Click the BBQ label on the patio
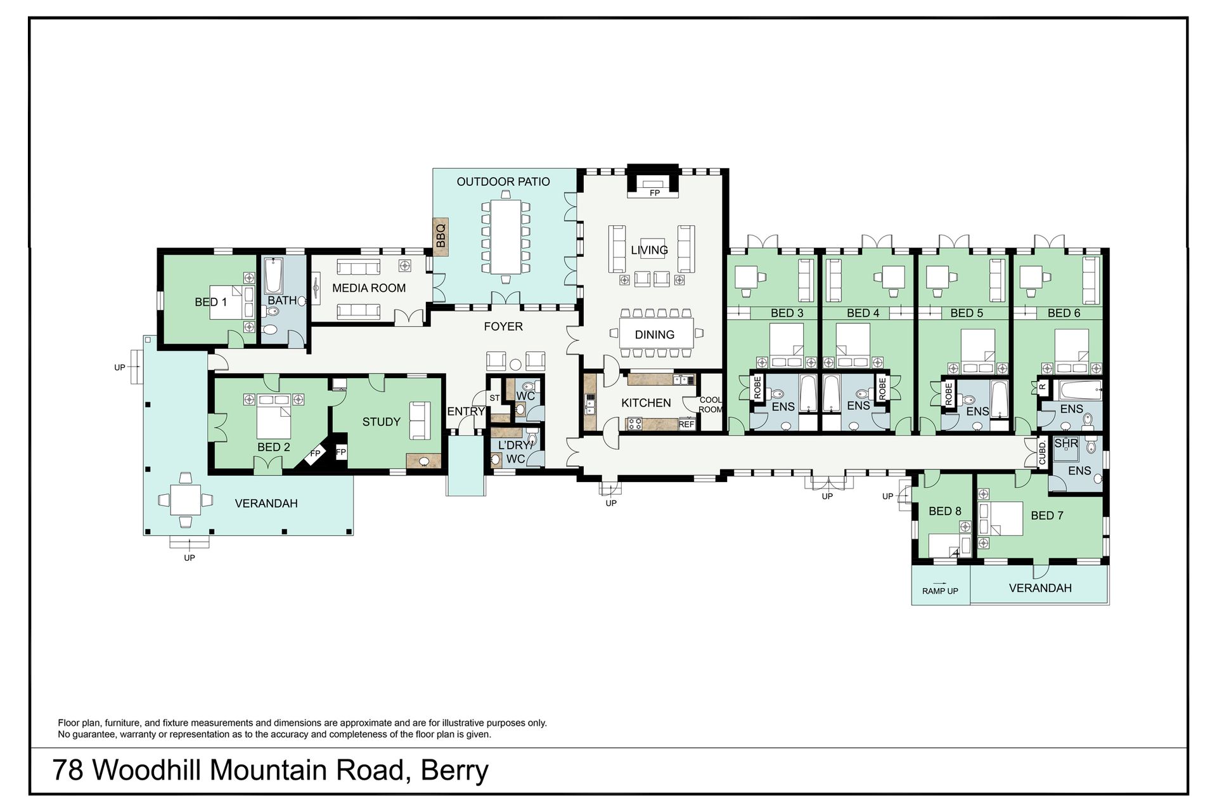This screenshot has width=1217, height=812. (x=441, y=236)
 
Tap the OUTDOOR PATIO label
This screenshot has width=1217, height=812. (x=503, y=181)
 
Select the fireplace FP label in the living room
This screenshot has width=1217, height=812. (x=655, y=193)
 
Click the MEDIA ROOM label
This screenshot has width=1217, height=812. (x=369, y=288)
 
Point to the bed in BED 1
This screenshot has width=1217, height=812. (x=234, y=301)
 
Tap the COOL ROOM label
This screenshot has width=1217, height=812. (x=711, y=405)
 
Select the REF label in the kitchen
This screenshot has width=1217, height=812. (x=686, y=424)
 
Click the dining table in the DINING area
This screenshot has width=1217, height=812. (x=655, y=334)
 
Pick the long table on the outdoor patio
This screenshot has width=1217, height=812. (x=505, y=236)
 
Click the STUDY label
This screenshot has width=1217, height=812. (x=381, y=422)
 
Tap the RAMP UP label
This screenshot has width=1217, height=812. (x=940, y=591)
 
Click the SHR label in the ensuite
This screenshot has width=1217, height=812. (x=1066, y=443)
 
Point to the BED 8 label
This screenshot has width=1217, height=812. (x=944, y=511)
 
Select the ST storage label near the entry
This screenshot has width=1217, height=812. (x=495, y=398)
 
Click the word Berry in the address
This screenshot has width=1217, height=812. (x=455, y=771)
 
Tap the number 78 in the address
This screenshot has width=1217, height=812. (x=68, y=770)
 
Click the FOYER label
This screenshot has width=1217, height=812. (x=503, y=327)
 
